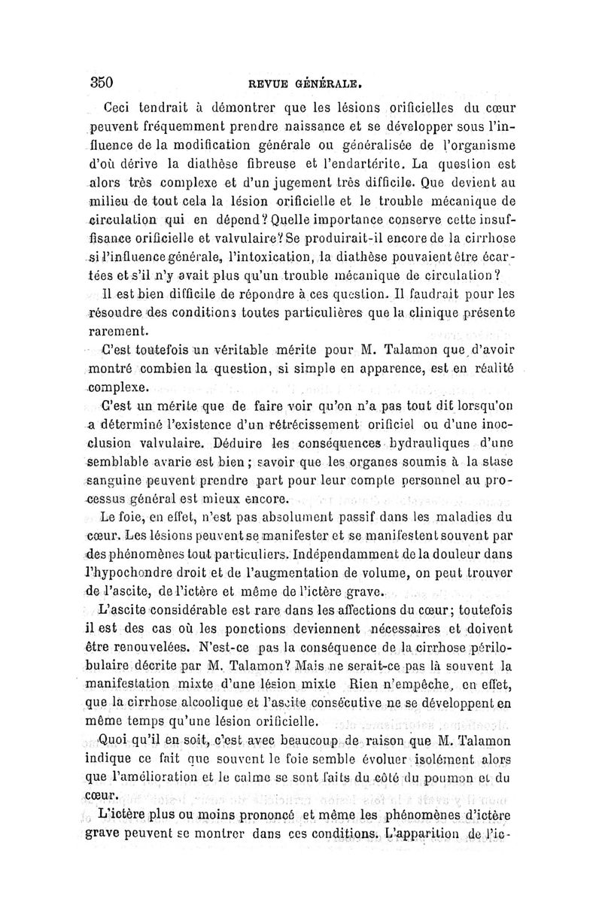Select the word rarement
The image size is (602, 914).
(x=120, y=330)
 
